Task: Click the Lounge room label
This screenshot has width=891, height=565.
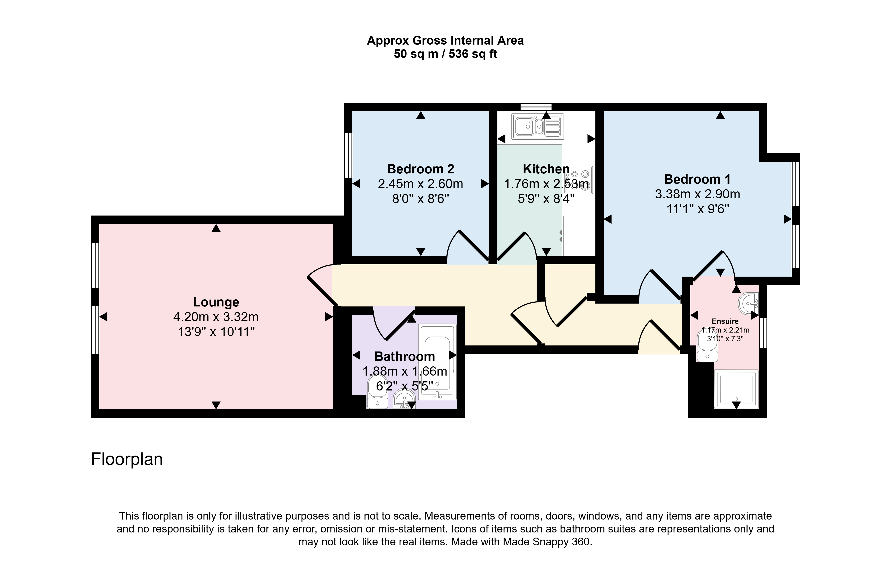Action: [216, 302]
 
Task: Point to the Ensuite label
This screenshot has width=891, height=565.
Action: [725, 321]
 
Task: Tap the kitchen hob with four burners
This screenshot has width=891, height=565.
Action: [579, 180]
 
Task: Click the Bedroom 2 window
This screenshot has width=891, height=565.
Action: [348, 156]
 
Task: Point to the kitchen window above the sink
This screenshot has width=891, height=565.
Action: [536, 107]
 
